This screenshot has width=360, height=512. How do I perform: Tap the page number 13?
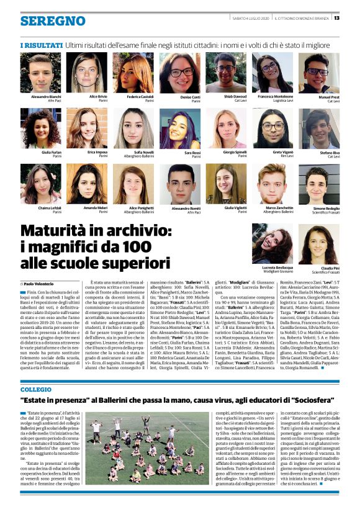click(336, 17)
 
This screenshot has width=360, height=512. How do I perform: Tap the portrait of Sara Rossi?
click(181, 128)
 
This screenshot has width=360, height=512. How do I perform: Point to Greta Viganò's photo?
click(272, 128)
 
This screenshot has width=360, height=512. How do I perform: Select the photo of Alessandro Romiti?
click(181, 184)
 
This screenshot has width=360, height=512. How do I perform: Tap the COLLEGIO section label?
click(36, 372)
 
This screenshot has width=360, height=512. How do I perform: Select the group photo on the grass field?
click(146, 447)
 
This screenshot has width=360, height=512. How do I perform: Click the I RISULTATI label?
click(40, 45)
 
